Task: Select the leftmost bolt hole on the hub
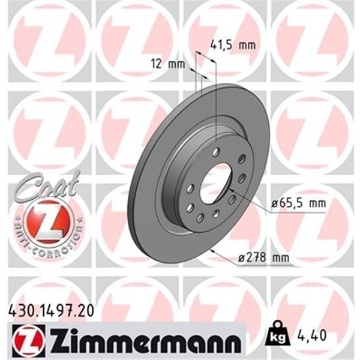click(181, 192)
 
